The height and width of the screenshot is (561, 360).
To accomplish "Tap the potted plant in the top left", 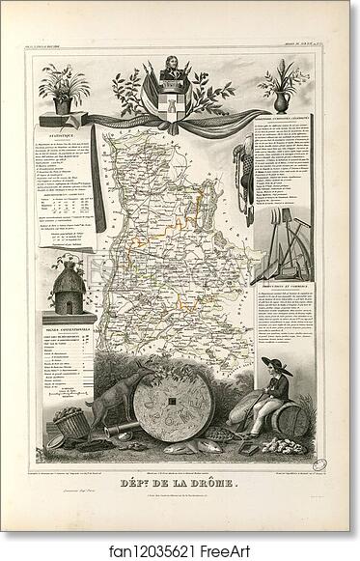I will (64, 88).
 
